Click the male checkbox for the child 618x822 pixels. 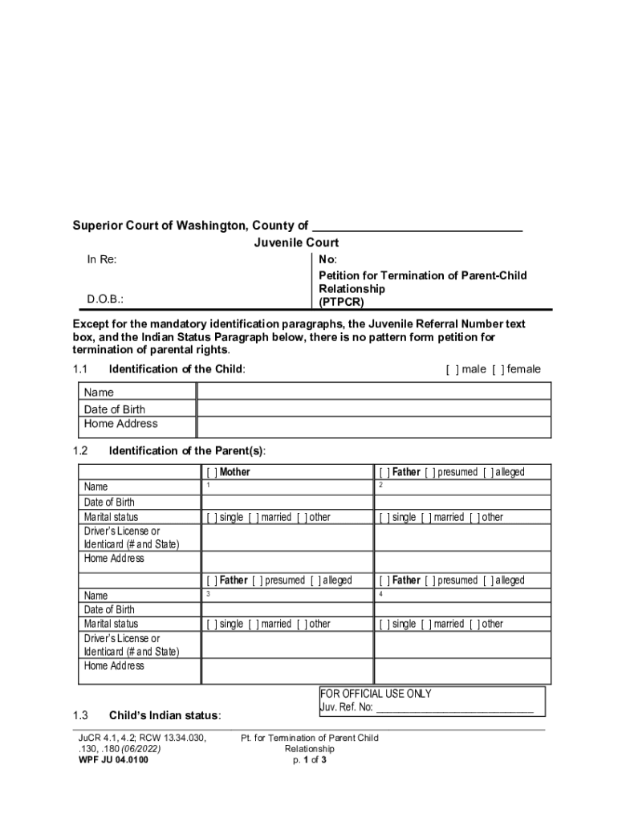tap(452, 369)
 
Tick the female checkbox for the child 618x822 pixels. tap(498, 369)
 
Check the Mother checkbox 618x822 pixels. tap(212, 472)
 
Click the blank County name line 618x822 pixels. tap(417, 226)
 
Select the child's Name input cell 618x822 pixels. tap(374, 392)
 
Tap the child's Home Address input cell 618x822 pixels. tap(374, 426)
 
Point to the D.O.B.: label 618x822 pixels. tap(105, 300)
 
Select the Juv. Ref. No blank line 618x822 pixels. tap(454, 707)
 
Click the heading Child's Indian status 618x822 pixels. tap(165, 715)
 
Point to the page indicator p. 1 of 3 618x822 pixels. tap(309, 760)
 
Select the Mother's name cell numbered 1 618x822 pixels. tap(287, 487)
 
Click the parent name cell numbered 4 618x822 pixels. tap(462, 595)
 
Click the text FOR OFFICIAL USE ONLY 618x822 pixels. tap(376, 694)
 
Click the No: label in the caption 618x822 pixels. tap(327, 259)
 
